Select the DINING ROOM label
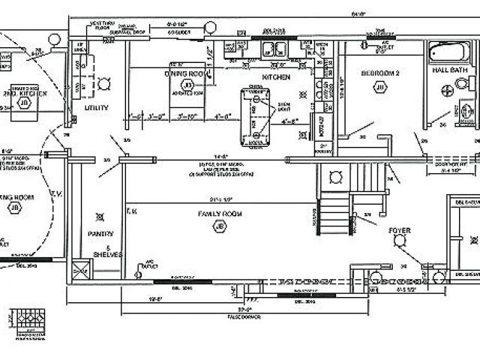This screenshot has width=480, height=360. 186,74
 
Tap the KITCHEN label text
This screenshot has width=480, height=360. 274,76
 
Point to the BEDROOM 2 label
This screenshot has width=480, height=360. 379,73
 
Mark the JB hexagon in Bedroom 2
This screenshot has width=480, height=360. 379,88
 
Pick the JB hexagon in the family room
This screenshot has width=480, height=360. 220,226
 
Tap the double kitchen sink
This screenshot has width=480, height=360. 274,49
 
